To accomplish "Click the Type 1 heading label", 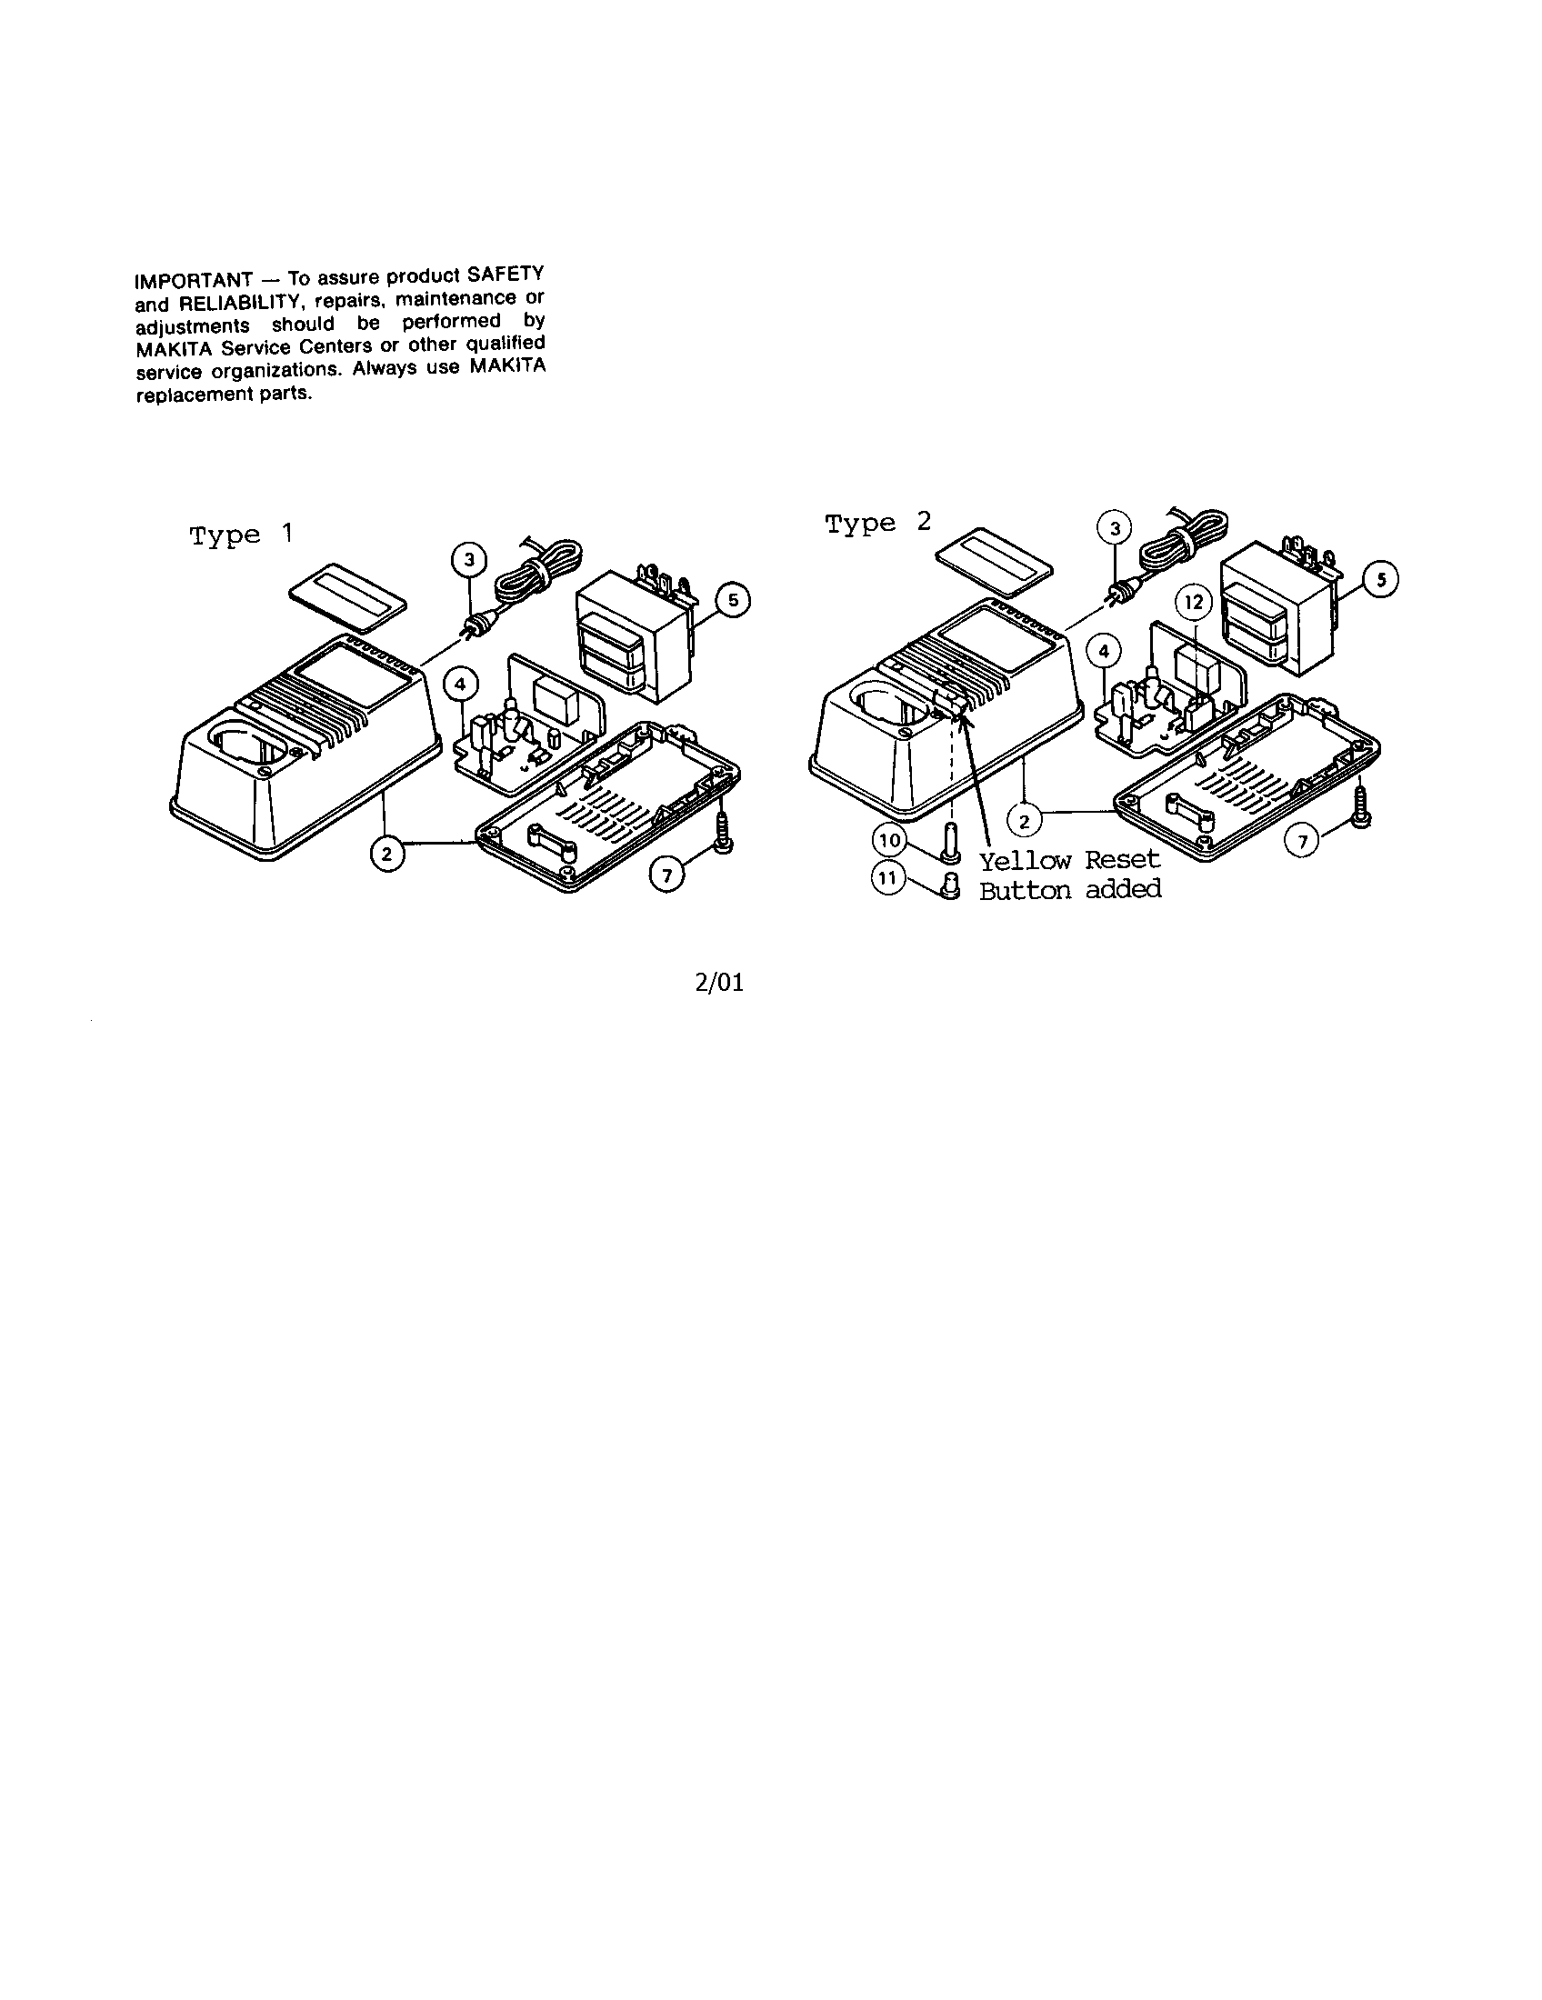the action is tap(242, 535).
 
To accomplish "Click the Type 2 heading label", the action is tap(878, 523).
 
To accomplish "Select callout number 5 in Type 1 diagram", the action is tap(734, 601).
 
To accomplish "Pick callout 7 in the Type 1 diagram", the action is tap(666, 876).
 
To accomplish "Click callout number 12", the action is tap(1194, 604).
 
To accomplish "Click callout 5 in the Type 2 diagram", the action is tap(1381, 581).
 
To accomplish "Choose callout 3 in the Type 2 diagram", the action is tap(1115, 529).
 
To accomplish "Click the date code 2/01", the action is tap(720, 984).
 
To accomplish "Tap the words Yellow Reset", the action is tap(1069, 861).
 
